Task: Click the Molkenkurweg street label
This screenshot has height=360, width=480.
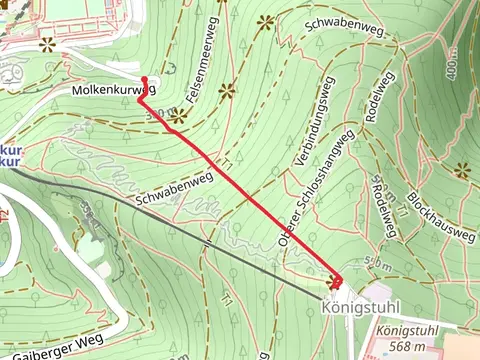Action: tap(114, 90)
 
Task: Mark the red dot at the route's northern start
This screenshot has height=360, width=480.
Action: tap(145, 79)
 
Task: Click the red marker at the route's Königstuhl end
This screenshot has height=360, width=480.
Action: tap(335, 283)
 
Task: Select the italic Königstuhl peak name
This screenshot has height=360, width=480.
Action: tap(413, 331)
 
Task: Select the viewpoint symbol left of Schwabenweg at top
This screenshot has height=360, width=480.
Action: tap(265, 21)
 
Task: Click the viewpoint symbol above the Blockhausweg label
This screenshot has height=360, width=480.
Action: tap(461, 170)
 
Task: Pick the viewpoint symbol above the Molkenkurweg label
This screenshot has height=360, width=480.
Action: tap(47, 44)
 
